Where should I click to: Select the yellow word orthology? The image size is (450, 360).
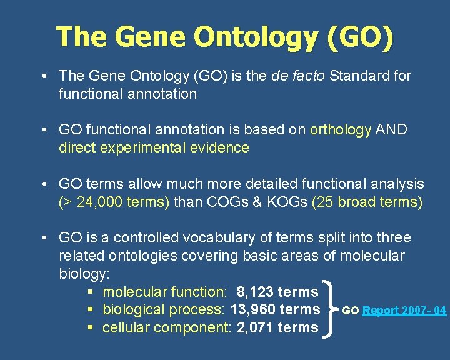(x=341, y=129)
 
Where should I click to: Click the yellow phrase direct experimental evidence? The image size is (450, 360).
(x=154, y=148)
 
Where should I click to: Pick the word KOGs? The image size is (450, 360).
(x=284, y=202)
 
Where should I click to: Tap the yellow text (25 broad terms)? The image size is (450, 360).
(x=366, y=202)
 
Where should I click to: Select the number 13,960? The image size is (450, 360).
(x=254, y=309)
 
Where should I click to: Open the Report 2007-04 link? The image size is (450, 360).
(x=404, y=311)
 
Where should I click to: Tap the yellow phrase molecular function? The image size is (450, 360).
(x=164, y=292)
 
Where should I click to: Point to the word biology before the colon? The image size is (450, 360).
(x=82, y=274)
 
